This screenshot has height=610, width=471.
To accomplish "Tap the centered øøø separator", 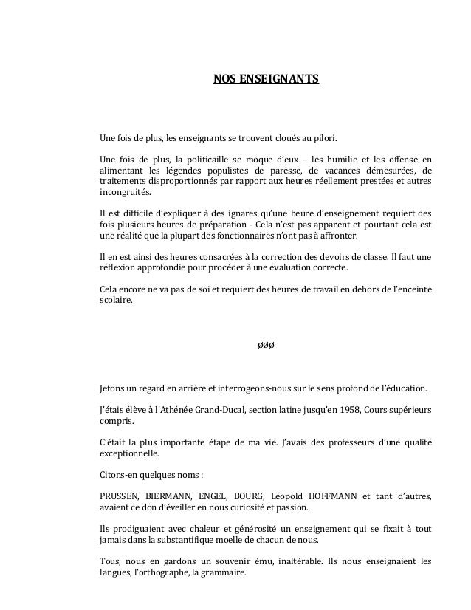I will click(266, 345).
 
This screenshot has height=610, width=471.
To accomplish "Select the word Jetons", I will click(113, 388).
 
